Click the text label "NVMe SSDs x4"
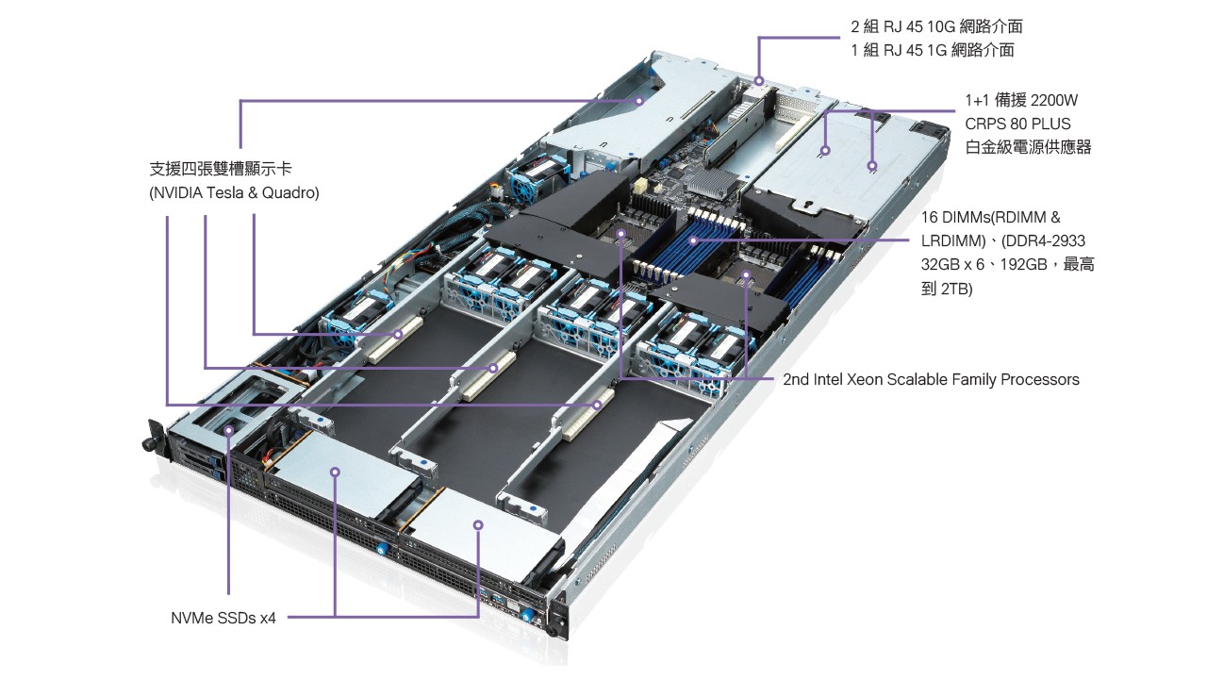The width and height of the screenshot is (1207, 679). [223, 619]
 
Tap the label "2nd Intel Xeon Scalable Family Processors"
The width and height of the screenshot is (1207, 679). [931, 380]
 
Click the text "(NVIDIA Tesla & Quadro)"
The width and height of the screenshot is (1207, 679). [234, 193]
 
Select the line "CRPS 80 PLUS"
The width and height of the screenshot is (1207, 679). [1017, 124]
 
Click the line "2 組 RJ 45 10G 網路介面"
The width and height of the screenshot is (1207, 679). [935, 26]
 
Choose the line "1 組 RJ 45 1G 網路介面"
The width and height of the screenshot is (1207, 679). [932, 50]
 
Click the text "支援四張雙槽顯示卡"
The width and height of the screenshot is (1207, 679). [221, 170]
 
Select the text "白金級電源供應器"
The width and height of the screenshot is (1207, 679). [1028, 147]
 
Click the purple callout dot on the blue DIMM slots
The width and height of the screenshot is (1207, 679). [694, 240]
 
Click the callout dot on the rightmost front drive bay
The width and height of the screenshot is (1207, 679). [478, 524]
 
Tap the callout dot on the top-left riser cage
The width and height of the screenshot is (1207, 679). [639, 98]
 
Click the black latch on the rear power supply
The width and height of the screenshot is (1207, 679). [933, 129]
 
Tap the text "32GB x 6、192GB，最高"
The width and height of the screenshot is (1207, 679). [1007, 265]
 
